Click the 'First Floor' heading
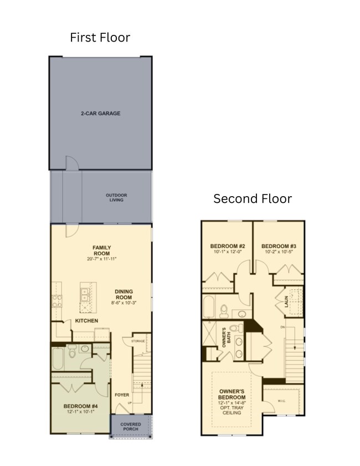100,38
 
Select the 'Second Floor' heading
253,198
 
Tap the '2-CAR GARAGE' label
100,114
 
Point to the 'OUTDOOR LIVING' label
116,197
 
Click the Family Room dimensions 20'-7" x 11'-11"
102,259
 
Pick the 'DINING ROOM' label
124,294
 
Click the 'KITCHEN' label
87,321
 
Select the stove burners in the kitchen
57,299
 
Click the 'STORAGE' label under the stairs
138,341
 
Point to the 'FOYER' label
121,395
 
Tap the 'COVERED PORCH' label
131,427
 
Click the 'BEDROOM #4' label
80,405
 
